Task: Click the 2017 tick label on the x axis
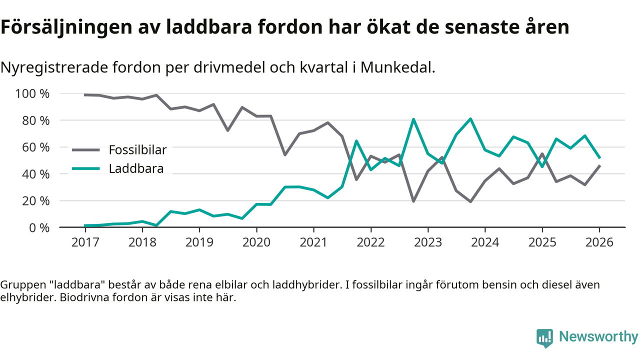pyautogui.click(x=85, y=242)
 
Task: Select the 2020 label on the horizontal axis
pyautogui.click(x=256, y=242)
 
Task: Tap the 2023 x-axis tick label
pyautogui.click(x=427, y=242)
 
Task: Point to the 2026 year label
pyautogui.click(x=599, y=242)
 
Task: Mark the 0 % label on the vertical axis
pyautogui.click(x=38, y=227)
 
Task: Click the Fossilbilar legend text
pyautogui.click(x=137, y=149)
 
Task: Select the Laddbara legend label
pyautogui.click(x=136, y=168)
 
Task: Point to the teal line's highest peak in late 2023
pyautogui.click(x=470, y=119)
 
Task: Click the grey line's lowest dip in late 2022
pyautogui.click(x=413, y=201)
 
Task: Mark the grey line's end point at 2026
pyautogui.click(x=599, y=166)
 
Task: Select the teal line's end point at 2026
pyautogui.click(x=599, y=157)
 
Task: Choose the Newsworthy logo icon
pyautogui.click(x=545, y=338)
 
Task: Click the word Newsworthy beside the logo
pyautogui.click(x=598, y=336)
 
